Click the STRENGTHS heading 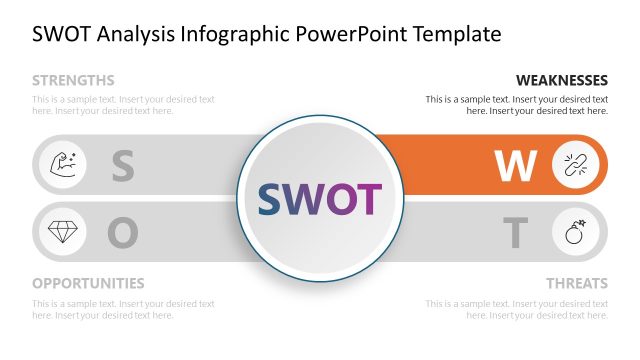click(73, 80)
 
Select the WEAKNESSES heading click(561, 80)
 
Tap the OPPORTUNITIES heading click(88, 283)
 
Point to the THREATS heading click(576, 283)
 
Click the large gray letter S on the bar click(122, 166)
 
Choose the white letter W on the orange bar click(516, 166)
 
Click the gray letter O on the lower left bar click(122, 233)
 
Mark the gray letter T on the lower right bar click(515, 233)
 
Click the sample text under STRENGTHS click(123, 105)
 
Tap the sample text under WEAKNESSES click(516, 105)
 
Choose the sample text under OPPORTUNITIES click(123, 309)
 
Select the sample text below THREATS click(516, 309)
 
